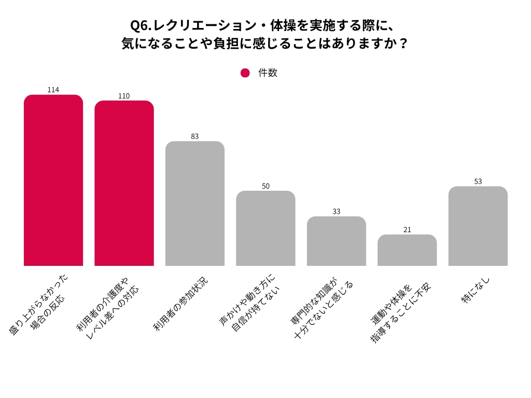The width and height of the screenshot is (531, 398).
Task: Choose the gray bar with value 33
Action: (x=337, y=241)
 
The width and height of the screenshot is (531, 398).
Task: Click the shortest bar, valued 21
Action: (x=407, y=250)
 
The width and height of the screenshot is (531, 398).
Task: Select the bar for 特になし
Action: (x=478, y=226)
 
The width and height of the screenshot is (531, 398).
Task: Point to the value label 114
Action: (x=53, y=90)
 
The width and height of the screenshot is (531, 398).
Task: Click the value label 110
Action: (x=124, y=96)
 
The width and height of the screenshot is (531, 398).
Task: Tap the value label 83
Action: (x=195, y=136)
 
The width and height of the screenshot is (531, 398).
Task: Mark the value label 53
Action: (x=478, y=181)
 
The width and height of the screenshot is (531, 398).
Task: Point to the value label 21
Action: (x=407, y=230)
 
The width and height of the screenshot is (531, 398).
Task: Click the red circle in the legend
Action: (x=245, y=73)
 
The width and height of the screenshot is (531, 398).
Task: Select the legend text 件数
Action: (x=268, y=73)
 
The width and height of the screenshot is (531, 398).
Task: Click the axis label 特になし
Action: (x=476, y=290)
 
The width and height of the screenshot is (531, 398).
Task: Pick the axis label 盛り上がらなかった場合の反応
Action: (x=39, y=306)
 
